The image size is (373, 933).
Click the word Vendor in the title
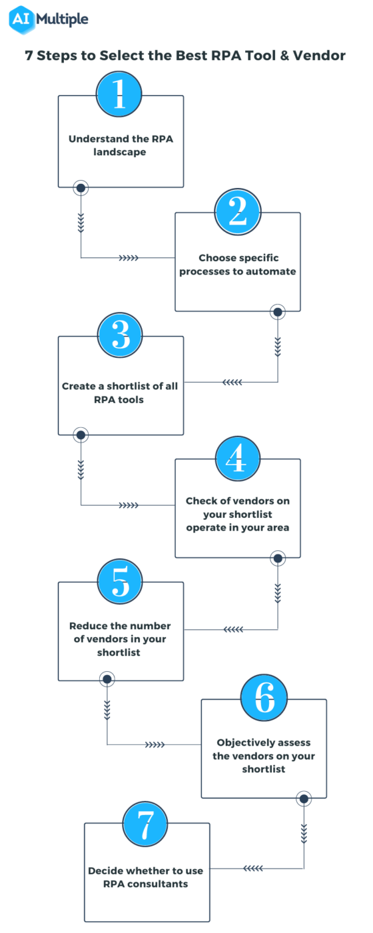pyautogui.click(x=322, y=56)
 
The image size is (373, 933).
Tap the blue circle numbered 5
pyautogui.click(x=121, y=582)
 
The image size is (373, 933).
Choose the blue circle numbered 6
pyautogui.click(x=264, y=699)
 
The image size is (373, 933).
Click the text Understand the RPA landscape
pyautogui.click(x=121, y=145)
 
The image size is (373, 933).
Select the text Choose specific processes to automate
pyautogui.click(x=238, y=265)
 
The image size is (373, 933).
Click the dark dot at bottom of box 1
pyautogui.click(x=81, y=188)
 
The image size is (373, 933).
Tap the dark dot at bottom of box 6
pyautogui.click(x=304, y=798)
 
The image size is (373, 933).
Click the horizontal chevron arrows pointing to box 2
pyautogui.click(x=128, y=258)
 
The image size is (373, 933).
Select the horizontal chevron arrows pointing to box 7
pyautogui.click(x=253, y=868)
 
